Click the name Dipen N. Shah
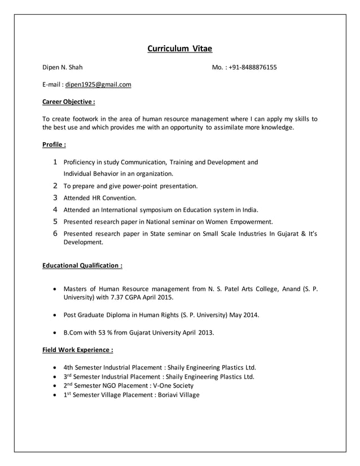point(63,68)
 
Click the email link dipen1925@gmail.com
point(98,85)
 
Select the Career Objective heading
point(68,102)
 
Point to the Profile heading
point(55,145)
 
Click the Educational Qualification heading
point(82,265)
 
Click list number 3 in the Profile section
point(55,198)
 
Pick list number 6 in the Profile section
point(55,234)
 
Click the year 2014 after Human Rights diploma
point(250,315)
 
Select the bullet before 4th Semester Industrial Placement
point(54,366)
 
